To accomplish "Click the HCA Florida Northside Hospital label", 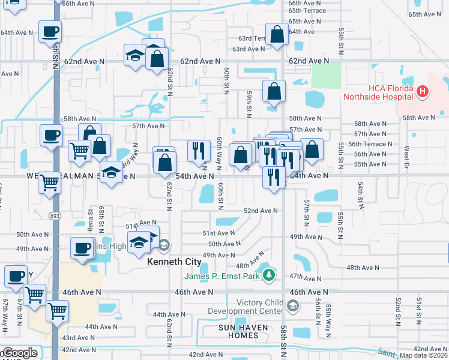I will (378, 92).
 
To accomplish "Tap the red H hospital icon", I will (424, 92).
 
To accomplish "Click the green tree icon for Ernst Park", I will (270, 275).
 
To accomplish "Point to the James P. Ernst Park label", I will (221, 275).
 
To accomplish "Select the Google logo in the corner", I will (19, 353).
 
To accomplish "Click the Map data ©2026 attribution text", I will (424, 355).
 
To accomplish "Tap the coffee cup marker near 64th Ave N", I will (50, 31).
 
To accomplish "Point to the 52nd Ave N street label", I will (261, 211).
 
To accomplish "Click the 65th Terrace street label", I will (307, 11).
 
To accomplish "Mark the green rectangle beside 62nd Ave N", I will (326, 76).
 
